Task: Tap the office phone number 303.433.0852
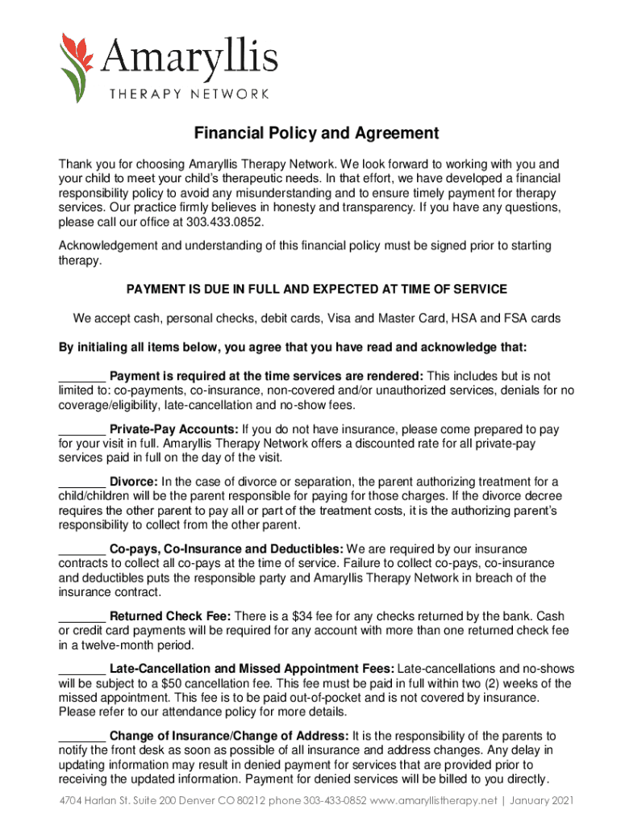(225, 222)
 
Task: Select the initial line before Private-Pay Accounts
(81, 431)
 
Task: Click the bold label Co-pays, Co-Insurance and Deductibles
(227, 549)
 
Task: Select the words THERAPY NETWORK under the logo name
(190, 94)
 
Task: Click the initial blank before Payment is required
(81, 378)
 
